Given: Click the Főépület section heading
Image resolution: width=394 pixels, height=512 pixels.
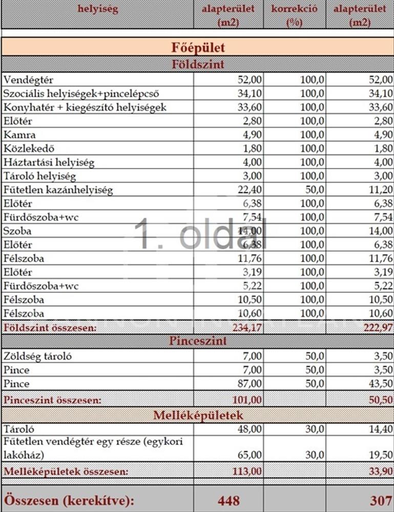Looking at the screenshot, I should pyautogui.click(x=197, y=48).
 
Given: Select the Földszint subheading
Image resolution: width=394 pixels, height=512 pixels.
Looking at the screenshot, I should pyautogui.click(x=197, y=65).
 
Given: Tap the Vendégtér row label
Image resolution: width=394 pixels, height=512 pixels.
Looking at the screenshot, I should pyautogui.click(x=28, y=80).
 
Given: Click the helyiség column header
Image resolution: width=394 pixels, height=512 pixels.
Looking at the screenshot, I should pyautogui.click(x=97, y=9).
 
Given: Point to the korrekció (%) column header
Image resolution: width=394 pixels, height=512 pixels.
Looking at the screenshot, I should pyautogui.click(x=295, y=15).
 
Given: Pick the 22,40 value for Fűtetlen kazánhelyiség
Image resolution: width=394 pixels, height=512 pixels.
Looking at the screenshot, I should pyautogui.click(x=250, y=190).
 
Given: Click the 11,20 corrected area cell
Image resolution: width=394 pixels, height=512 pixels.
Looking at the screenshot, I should pyautogui.click(x=380, y=190).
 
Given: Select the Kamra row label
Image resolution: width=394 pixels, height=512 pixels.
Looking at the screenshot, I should pyautogui.click(x=19, y=135).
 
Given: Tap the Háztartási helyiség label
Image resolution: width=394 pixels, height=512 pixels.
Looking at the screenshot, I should pyautogui.click(x=49, y=162).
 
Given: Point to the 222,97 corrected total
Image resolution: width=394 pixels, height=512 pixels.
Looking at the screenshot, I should pyautogui.click(x=377, y=327).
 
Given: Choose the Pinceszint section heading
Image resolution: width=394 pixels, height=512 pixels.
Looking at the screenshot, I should pyautogui.click(x=197, y=341).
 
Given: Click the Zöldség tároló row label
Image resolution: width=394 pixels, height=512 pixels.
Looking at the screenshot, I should pyautogui.click(x=36, y=356).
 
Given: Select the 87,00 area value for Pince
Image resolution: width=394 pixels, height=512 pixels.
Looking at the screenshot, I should pyautogui.click(x=250, y=383).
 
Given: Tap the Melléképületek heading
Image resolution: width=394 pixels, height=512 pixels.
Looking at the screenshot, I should pyautogui.click(x=197, y=415).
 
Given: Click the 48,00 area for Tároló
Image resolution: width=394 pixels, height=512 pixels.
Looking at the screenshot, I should pyautogui.click(x=250, y=430).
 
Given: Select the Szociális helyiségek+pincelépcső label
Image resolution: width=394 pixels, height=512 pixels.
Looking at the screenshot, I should pyautogui.click(x=81, y=94).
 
